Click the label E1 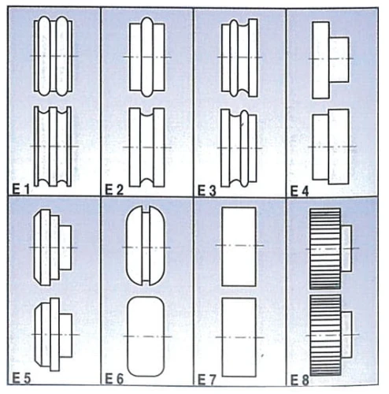(x=21, y=189)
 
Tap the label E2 (x=114, y=189)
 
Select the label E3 (x=208, y=189)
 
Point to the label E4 (x=300, y=189)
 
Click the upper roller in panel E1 (x=54, y=57)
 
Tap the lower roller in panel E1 (x=54, y=147)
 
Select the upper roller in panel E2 (x=146, y=58)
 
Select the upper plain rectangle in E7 (x=239, y=247)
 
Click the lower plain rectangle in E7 (x=239, y=334)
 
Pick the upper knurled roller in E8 (x=331, y=248)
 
